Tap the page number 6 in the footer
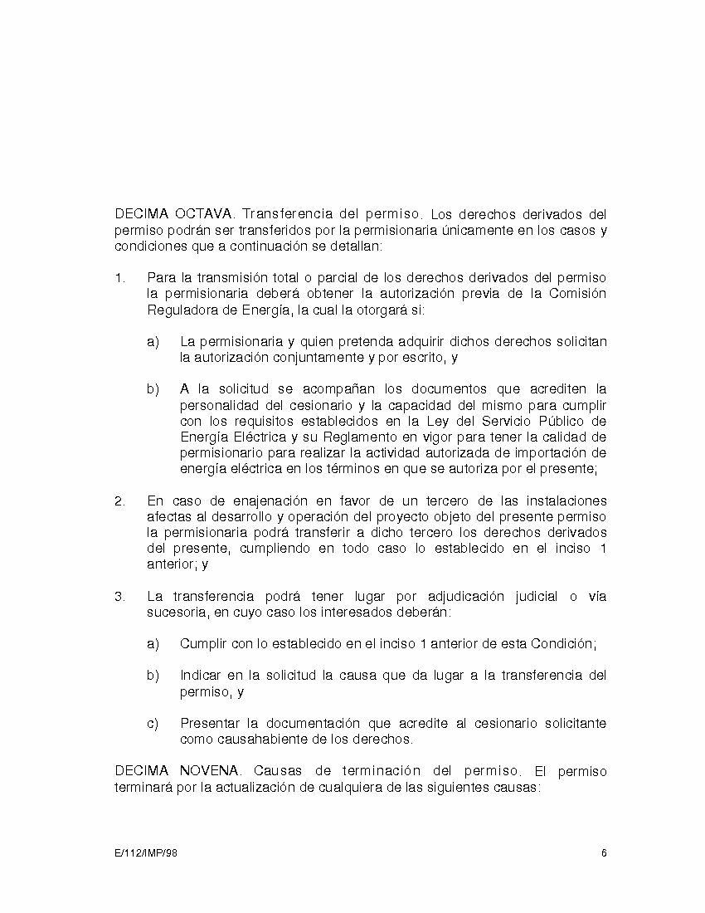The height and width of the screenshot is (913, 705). pos(604,853)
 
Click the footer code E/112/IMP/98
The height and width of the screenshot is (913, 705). pos(146,853)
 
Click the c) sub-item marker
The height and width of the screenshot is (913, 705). pos(153,723)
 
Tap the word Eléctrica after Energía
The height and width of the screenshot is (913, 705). pos(255,437)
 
